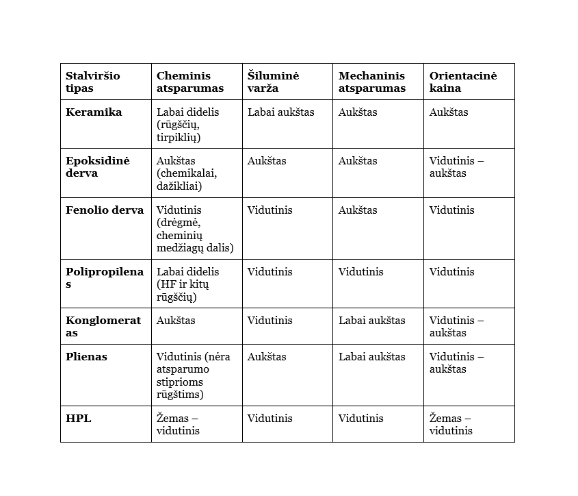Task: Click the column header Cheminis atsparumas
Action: tap(190, 82)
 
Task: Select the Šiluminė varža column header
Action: tap(273, 82)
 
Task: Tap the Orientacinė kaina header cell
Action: tap(463, 82)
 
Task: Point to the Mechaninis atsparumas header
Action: tap(371, 82)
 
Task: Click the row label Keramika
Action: tap(94, 112)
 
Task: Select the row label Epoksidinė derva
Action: tap(97, 166)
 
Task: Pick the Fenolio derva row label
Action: tap(104, 210)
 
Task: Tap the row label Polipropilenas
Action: tap(104, 277)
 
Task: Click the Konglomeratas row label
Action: tap(103, 326)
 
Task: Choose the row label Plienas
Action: tap(86, 357)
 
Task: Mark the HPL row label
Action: tap(78, 419)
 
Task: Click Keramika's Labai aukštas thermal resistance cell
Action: tap(280, 112)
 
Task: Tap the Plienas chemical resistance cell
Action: tap(193, 375)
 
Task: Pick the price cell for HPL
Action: tap(451, 424)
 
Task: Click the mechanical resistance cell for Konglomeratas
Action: tap(371, 321)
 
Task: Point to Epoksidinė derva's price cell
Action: tap(456, 166)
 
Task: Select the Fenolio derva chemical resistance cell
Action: tap(194, 229)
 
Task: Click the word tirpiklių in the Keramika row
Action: tap(178, 137)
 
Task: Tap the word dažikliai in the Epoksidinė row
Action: tap(179, 186)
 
